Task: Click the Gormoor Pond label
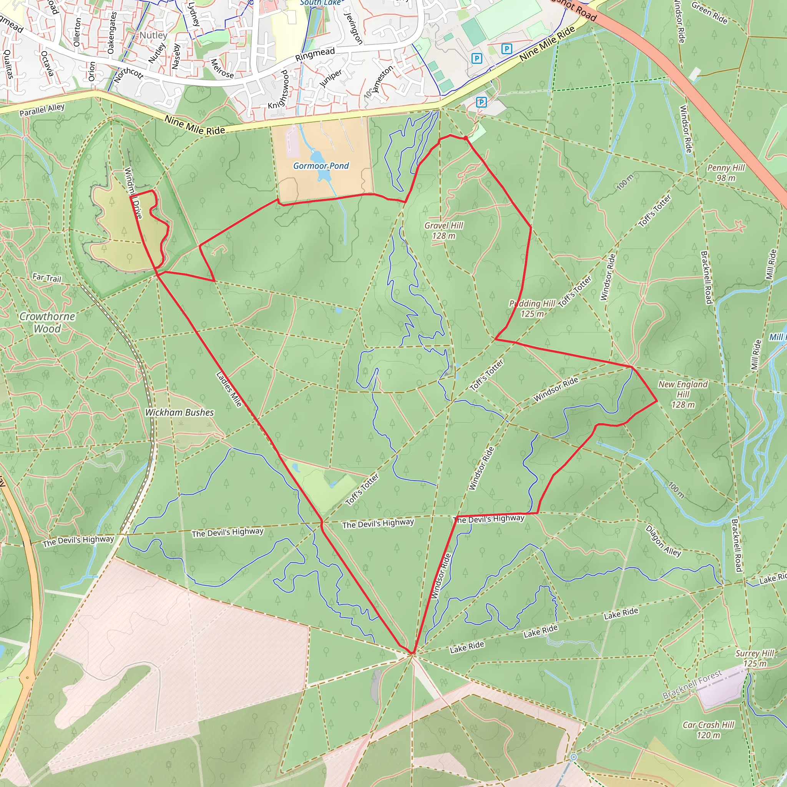pos(321,166)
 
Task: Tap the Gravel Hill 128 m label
pos(443,231)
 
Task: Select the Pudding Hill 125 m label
pos(532,308)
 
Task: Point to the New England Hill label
pos(683,394)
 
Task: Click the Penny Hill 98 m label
pos(726,173)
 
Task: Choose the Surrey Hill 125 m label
pos(754,658)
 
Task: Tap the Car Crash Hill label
pos(708,730)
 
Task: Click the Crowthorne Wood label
pos(47,322)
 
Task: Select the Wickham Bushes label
pos(179,413)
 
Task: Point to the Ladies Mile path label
pos(229,389)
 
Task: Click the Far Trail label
pos(47,278)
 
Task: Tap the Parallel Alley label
pos(42,110)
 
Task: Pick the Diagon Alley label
pos(663,541)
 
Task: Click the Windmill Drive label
pos(133,193)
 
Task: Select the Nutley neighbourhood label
pos(153,35)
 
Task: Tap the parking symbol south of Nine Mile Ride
pos(481,102)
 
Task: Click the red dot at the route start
pos(466,138)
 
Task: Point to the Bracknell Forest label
pos(692,684)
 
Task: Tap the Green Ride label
pos(709,13)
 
